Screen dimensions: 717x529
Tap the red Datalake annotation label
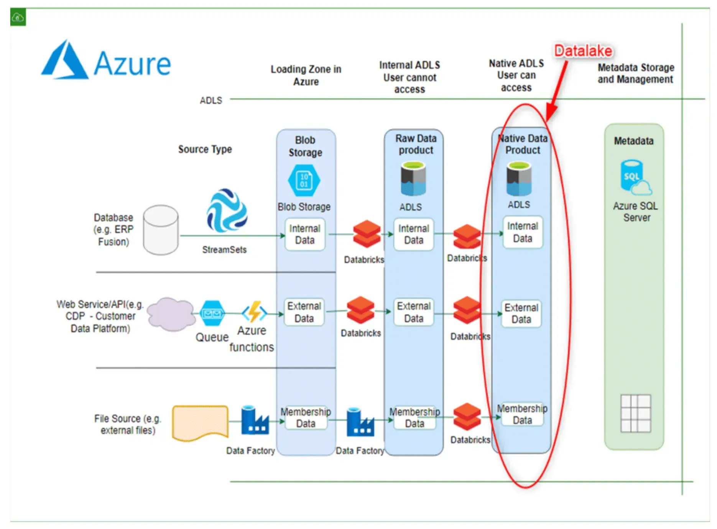tap(583, 51)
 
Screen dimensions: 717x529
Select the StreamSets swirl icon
tap(227, 210)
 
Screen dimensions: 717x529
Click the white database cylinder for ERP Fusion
tap(161, 230)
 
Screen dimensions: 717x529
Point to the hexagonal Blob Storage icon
tap(304, 181)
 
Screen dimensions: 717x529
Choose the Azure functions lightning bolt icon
tap(254, 312)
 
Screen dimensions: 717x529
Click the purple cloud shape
tap(171, 314)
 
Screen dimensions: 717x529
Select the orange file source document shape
tap(200, 423)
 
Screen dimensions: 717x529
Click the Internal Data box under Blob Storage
tap(305, 234)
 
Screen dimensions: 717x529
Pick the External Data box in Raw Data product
tap(414, 312)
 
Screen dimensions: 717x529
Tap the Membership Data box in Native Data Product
tap(522, 414)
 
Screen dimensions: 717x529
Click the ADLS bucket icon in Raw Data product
tap(413, 179)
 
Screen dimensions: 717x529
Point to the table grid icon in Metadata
tap(636, 413)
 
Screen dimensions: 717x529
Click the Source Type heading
tap(205, 149)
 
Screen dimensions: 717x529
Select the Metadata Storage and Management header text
tap(635, 73)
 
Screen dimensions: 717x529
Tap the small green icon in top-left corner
tap(18, 17)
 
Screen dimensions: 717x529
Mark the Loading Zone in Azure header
tap(306, 75)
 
